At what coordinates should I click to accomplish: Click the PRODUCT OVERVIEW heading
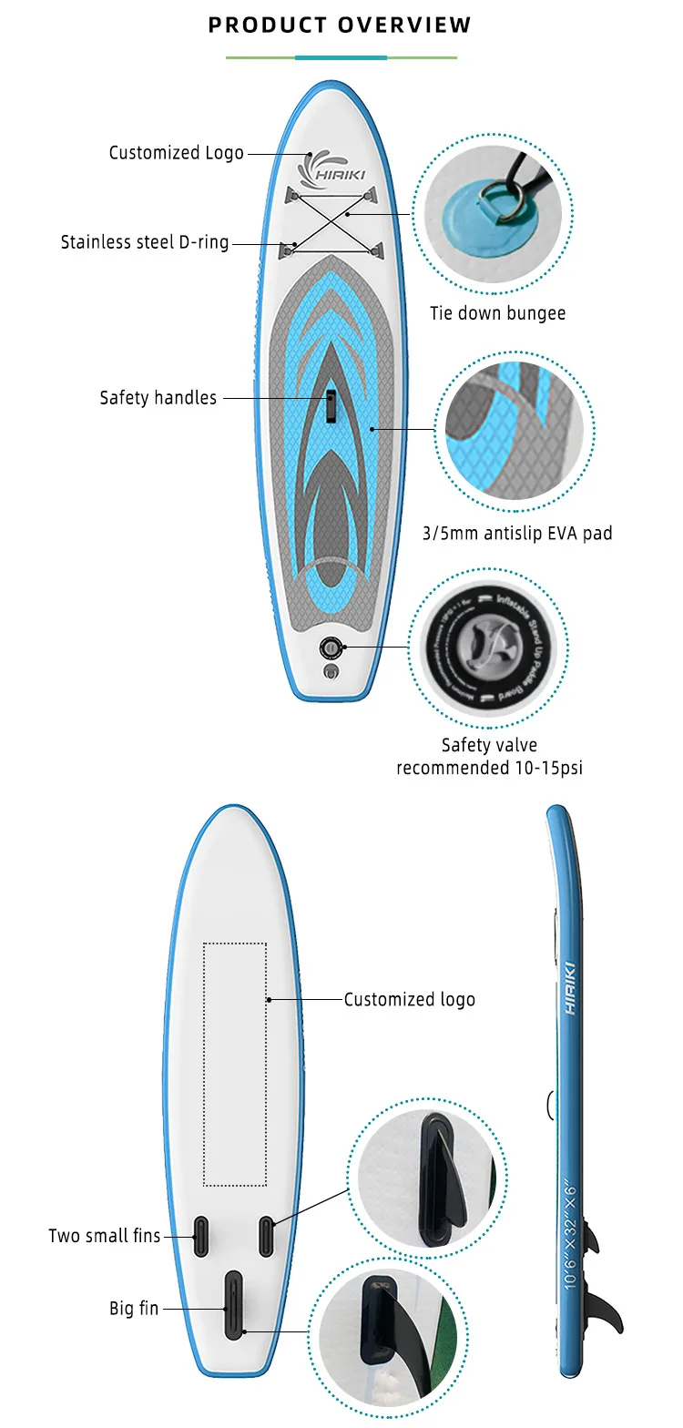click(340, 25)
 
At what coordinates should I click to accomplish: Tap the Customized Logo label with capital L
click(176, 153)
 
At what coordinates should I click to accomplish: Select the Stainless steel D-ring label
click(145, 242)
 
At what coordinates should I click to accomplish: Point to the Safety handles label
click(158, 398)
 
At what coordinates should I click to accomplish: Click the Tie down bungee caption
click(497, 313)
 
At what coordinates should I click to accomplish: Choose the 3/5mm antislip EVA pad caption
click(516, 533)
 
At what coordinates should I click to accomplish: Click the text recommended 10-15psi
click(489, 768)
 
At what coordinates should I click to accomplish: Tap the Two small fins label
click(104, 1236)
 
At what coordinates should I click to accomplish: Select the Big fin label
click(134, 1309)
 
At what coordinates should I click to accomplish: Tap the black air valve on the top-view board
click(330, 648)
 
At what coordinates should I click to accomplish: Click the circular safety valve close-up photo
click(489, 648)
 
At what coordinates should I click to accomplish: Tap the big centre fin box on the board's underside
click(233, 1305)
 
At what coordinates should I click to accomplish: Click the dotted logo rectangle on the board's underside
click(234, 1064)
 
